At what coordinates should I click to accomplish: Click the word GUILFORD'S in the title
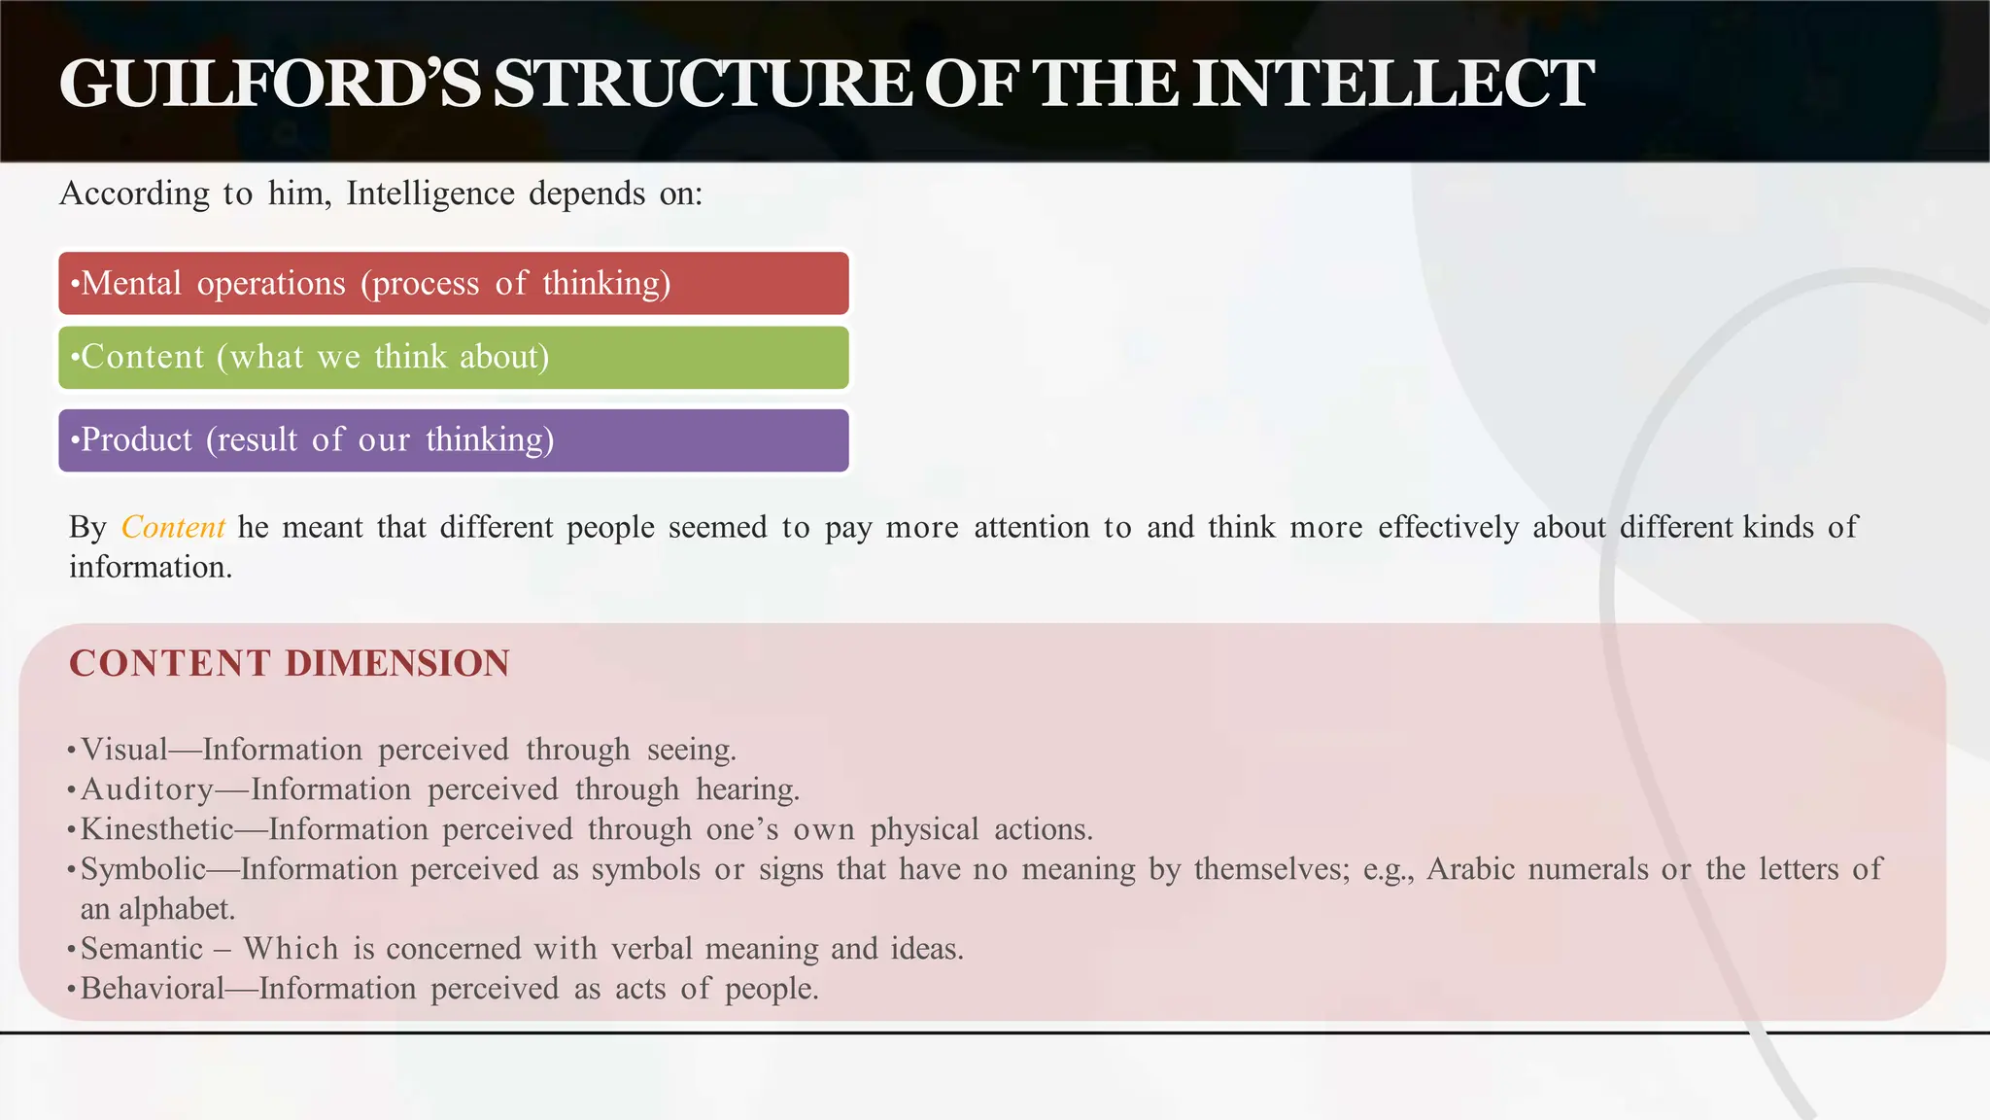(269, 84)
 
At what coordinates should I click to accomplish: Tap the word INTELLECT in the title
(1392, 84)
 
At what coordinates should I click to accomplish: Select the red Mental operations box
(453, 283)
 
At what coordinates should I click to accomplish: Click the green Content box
(453, 357)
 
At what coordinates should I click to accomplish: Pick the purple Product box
(453, 439)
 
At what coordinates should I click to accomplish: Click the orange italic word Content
(173, 527)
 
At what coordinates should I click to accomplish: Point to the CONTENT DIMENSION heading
(289, 663)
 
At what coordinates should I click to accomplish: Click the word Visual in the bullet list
(123, 750)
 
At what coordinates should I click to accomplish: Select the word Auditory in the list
(147, 789)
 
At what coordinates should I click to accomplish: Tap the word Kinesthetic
(156, 829)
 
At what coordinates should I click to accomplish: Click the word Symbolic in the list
(143, 869)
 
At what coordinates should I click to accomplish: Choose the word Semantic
(142, 949)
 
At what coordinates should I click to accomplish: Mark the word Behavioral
(152, 989)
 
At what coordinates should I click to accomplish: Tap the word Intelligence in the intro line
(429, 193)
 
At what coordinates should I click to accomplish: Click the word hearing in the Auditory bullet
(746, 789)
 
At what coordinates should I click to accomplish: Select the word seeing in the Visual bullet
(691, 750)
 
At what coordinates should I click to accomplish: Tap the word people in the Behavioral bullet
(771, 989)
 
